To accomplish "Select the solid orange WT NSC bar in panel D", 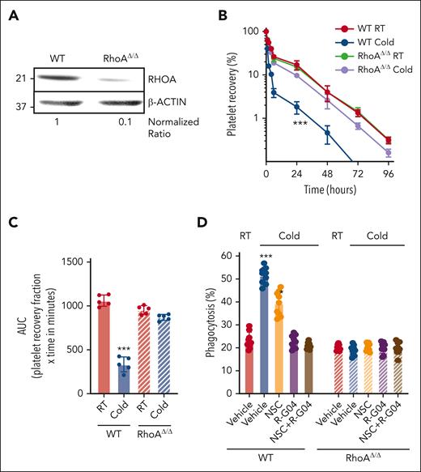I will click(279, 340).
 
